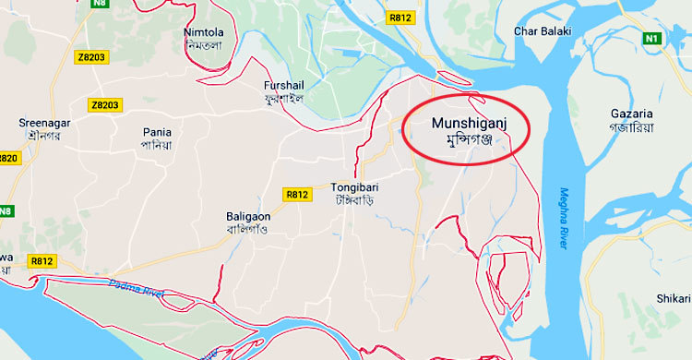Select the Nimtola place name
pyautogui.click(x=204, y=33)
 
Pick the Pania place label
pyautogui.click(x=157, y=132)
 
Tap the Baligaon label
pyautogui.click(x=247, y=216)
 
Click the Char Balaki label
pyautogui.click(x=543, y=31)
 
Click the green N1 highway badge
pyautogui.click(x=652, y=39)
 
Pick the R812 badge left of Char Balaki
pyautogui.click(x=400, y=18)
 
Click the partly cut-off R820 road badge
pyautogui.click(x=7, y=158)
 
